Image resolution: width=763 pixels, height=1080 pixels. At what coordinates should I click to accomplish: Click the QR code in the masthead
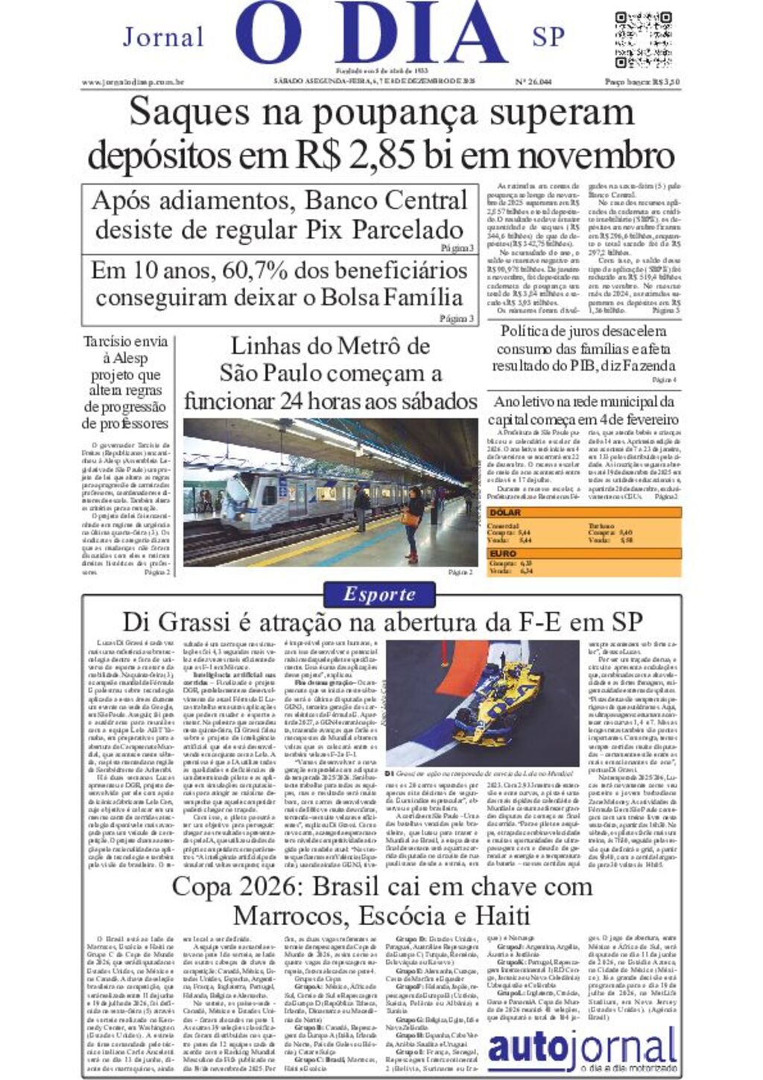[644, 40]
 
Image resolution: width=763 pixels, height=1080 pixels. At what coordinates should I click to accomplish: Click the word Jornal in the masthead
[162, 37]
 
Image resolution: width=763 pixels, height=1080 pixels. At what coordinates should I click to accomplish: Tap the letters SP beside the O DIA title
[548, 37]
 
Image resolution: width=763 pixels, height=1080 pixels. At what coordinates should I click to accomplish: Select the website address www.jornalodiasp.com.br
[133, 82]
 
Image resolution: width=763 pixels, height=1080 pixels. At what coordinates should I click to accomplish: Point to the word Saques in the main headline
[189, 113]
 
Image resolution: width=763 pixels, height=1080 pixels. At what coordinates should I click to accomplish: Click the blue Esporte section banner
[380, 594]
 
